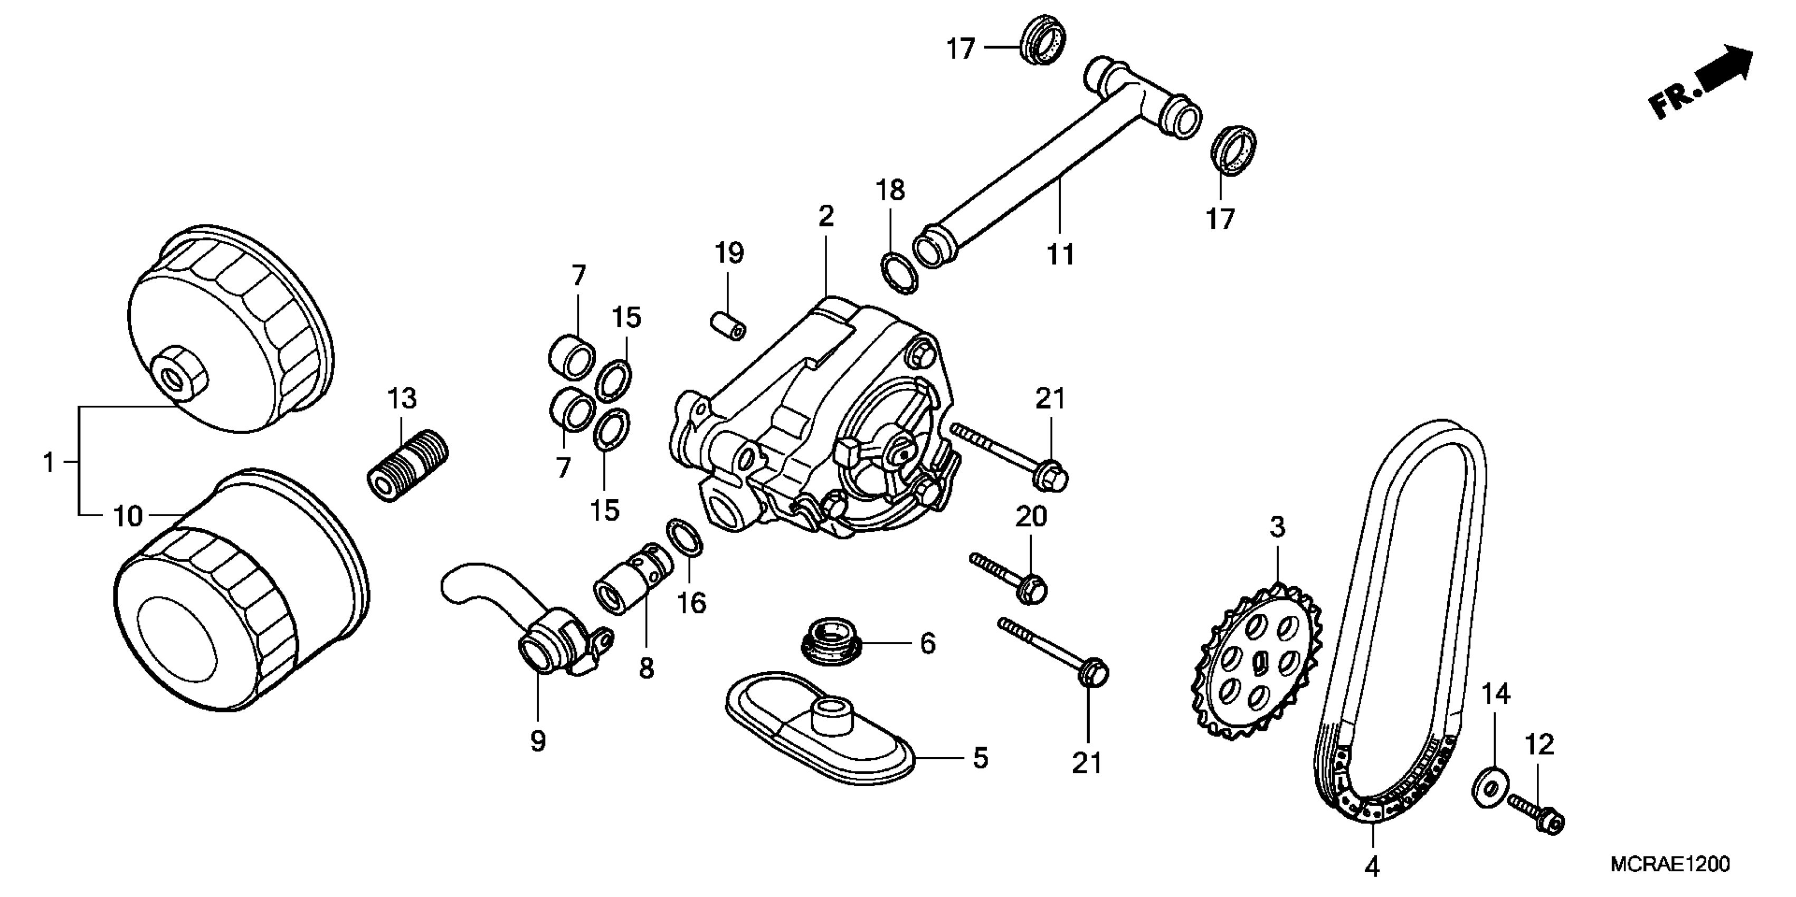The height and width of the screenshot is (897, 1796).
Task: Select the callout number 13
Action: pyautogui.click(x=402, y=399)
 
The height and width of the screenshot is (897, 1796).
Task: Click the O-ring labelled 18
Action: pyautogui.click(x=899, y=274)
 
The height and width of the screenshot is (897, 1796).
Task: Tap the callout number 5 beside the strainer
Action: pyautogui.click(x=980, y=758)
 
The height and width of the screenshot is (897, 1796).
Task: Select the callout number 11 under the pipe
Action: pyautogui.click(x=1060, y=255)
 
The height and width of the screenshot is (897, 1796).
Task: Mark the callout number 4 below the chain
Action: pyautogui.click(x=1371, y=866)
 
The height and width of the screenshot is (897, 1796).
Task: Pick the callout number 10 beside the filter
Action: pyautogui.click(x=128, y=517)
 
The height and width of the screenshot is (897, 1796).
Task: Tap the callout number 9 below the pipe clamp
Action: pyautogui.click(x=538, y=741)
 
